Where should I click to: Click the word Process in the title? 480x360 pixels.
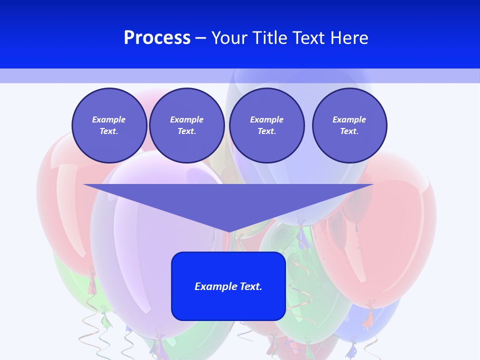[x=157, y=38]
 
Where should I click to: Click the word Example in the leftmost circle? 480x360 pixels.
[x=109, y=119]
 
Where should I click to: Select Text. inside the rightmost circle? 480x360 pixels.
[x=349, y=131]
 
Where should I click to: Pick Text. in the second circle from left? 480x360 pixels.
[x=186, y=131]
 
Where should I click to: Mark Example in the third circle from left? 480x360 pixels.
[x=266, y=119]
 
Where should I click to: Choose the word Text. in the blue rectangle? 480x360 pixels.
[x=251, y=286]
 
